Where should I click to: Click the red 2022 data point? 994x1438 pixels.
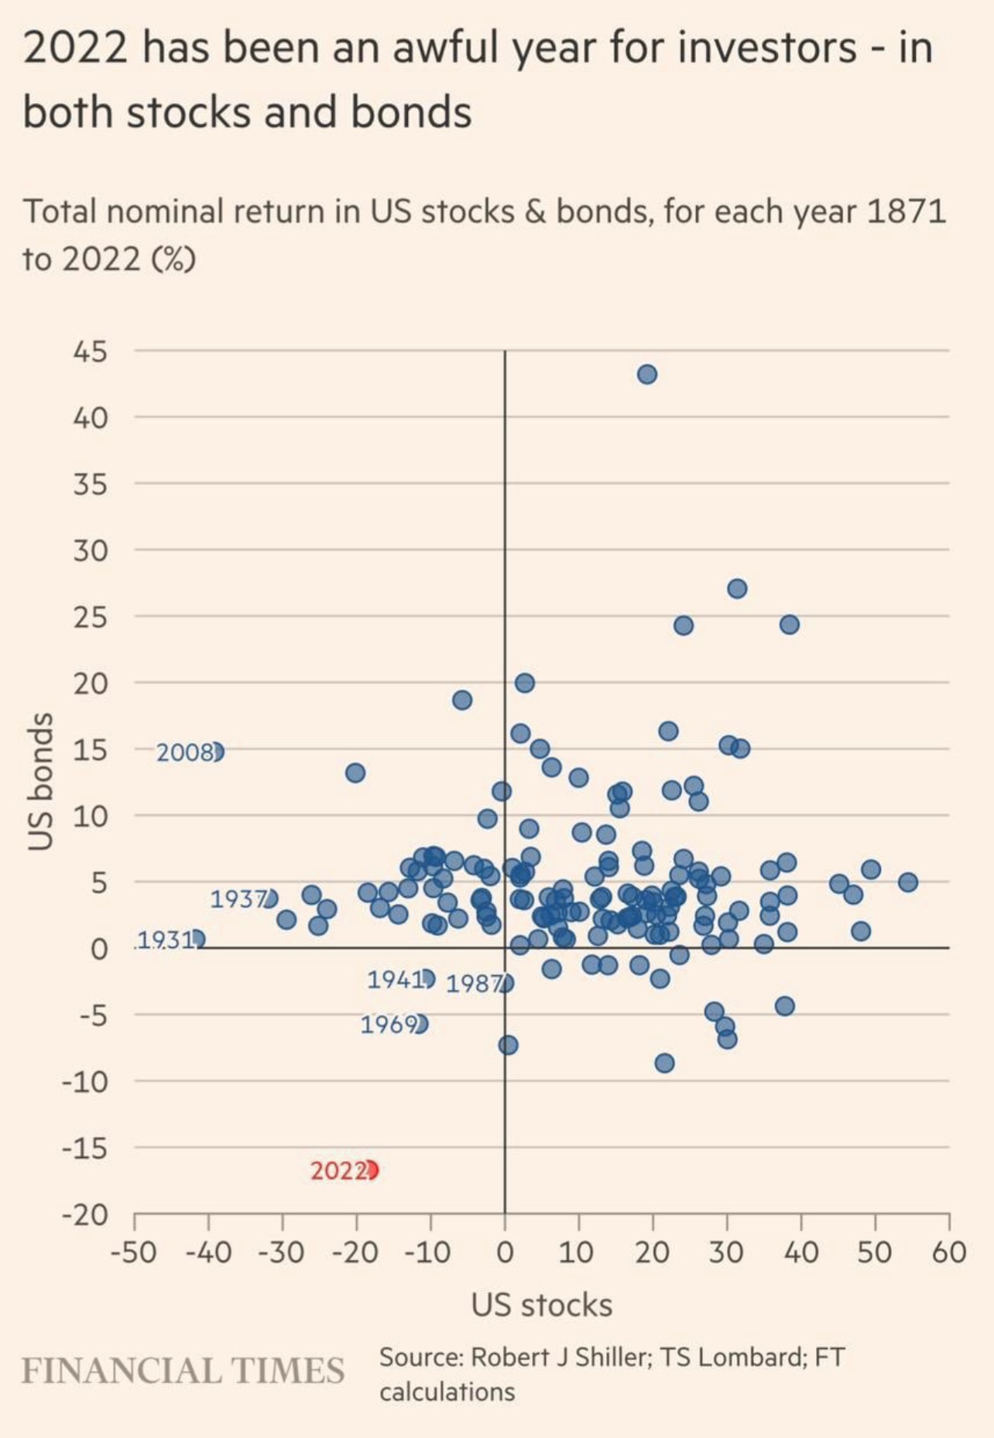[371, 1169]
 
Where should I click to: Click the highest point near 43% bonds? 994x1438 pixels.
[647, 375]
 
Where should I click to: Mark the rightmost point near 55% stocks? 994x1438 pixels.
[908, 882]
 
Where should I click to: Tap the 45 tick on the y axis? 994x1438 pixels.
[90, 352]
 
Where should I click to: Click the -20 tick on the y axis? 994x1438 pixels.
[85, 1215]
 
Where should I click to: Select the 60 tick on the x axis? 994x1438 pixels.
[948, 1251]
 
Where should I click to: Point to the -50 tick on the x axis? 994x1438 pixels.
[134, 1251]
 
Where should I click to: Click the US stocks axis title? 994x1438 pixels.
[542, 1305]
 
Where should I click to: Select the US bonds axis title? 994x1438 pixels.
[40, 782]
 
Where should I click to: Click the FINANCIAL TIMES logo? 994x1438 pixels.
[183, 1371]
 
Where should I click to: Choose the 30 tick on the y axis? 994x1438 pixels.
[90, 551]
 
